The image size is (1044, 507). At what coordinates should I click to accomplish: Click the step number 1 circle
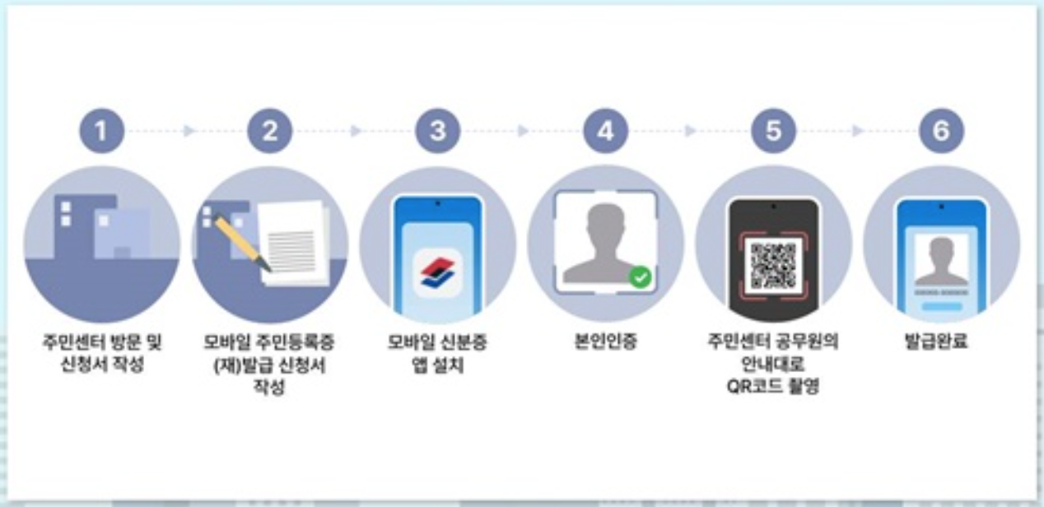pos(101,131)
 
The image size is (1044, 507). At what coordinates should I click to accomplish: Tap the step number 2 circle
pos(269,131)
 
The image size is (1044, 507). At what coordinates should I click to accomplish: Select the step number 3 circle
pos(437,131)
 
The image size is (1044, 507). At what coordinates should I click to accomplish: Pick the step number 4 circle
pos(605,131)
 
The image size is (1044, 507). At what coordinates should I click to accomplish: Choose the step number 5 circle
pos(773,131)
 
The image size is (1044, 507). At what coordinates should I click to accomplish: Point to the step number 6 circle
pos(941,131)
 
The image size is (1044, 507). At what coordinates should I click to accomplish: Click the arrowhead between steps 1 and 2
pos(189,131)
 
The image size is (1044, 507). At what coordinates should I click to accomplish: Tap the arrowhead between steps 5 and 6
pos(858,131)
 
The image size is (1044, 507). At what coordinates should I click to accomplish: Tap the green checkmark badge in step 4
pos(640,277)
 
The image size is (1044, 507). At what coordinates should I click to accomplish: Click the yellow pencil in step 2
pos(242,243)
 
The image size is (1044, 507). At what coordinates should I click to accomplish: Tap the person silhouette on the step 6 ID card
pos(940,262)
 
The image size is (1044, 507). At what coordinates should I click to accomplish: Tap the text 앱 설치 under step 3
pos(437,365)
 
